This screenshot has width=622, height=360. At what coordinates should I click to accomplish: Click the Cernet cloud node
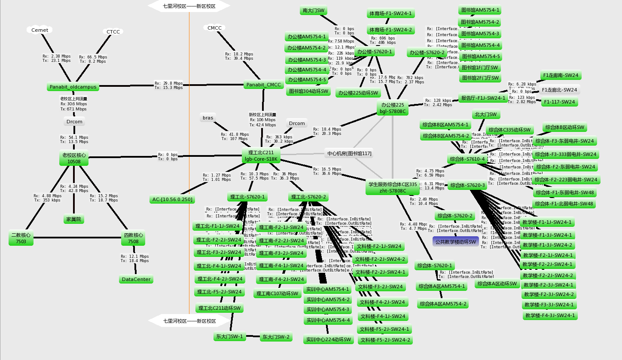[40, 30]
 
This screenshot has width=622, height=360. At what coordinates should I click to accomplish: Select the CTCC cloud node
[113, 32]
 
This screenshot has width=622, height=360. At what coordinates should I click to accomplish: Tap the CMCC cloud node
[214, 28]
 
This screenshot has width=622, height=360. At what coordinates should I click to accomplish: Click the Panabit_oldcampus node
[73, 87]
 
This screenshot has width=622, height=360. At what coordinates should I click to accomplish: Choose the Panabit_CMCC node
[264, 85]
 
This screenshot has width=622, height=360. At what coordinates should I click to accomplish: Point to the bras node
[208, 118]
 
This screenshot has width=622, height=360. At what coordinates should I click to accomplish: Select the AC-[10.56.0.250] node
[172, 199]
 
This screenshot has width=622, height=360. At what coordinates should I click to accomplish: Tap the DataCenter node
[136, 279]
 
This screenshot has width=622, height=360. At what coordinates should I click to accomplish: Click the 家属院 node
[73, 220]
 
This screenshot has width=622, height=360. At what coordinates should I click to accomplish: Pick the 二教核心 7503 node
[21, 238]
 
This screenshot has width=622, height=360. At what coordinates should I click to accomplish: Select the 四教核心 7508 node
[133, 238]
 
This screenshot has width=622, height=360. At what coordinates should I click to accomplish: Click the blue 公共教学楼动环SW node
[455, 242]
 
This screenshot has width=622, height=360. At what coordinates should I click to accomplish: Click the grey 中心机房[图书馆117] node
[349, 153]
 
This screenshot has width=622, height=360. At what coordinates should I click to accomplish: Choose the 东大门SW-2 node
[276, 337]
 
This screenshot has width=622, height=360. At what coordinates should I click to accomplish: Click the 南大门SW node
[314, 10]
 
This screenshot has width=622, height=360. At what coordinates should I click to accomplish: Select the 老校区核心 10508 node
[74, 158]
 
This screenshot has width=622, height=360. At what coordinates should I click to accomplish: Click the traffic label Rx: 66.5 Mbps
[93, 57]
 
